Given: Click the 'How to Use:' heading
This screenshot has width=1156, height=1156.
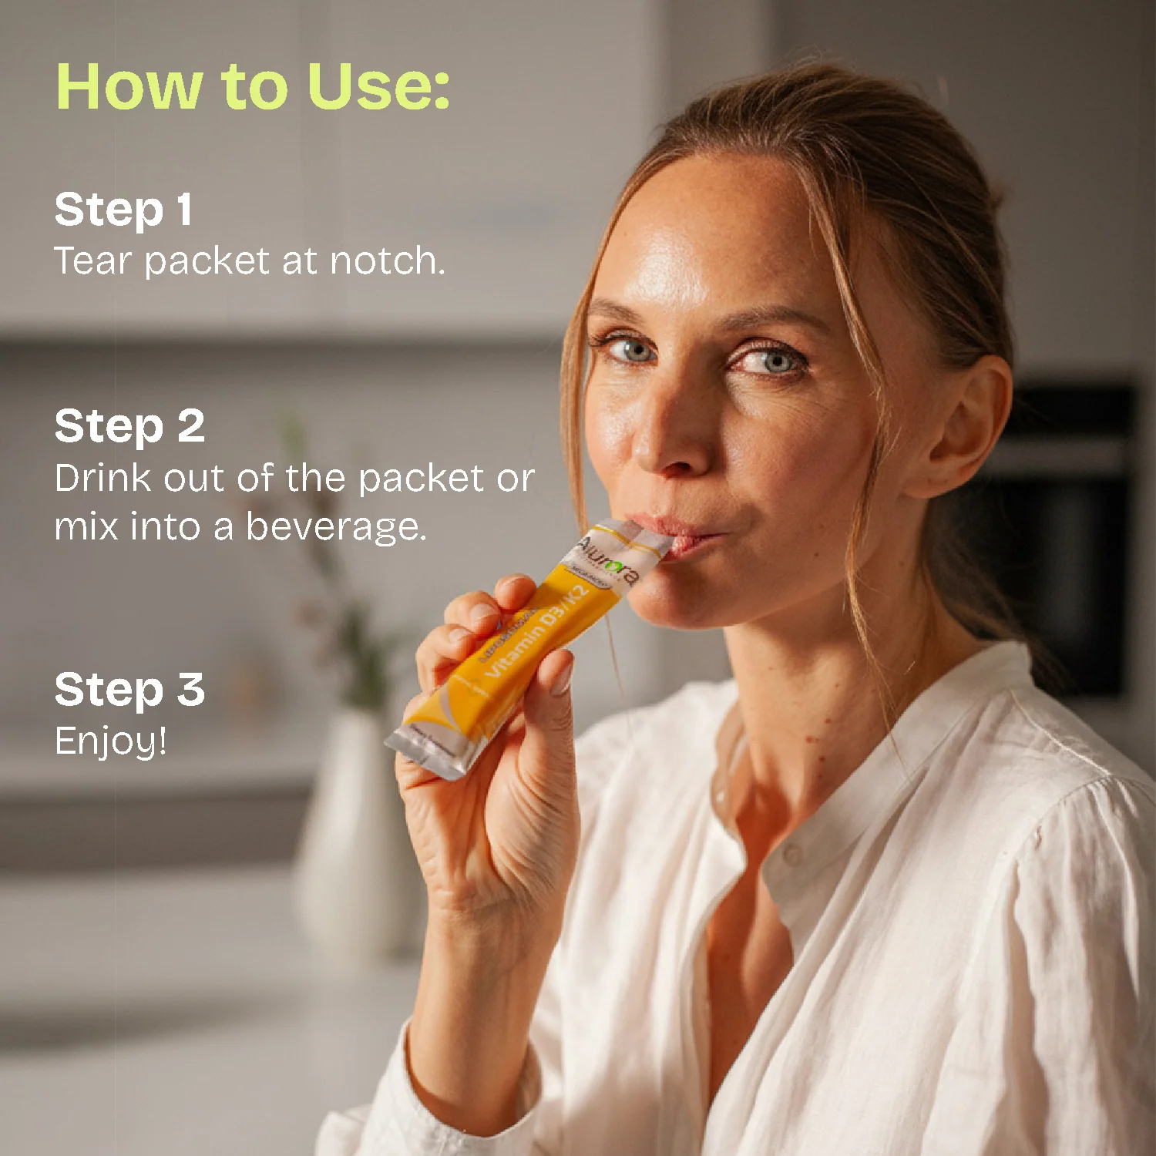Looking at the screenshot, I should tap(253, 86).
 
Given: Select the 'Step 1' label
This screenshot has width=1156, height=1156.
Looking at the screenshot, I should tap(123, 210).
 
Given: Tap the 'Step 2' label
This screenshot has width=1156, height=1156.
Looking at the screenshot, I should tap(129, 426).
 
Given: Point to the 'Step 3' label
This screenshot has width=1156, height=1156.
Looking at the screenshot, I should tap(129, 689).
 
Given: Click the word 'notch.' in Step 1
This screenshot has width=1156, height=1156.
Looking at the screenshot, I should tap(388, 260).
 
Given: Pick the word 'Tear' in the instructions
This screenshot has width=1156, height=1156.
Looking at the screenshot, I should tap(92, 260).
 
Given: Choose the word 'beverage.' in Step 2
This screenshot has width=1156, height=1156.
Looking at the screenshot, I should tap(336, 527).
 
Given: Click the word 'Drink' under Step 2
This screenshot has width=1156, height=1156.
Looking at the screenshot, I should tap(102, 478).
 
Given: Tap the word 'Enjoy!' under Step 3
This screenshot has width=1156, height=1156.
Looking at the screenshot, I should tap(111, 741).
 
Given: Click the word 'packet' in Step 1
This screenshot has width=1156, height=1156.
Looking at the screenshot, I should tap(207, 262).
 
